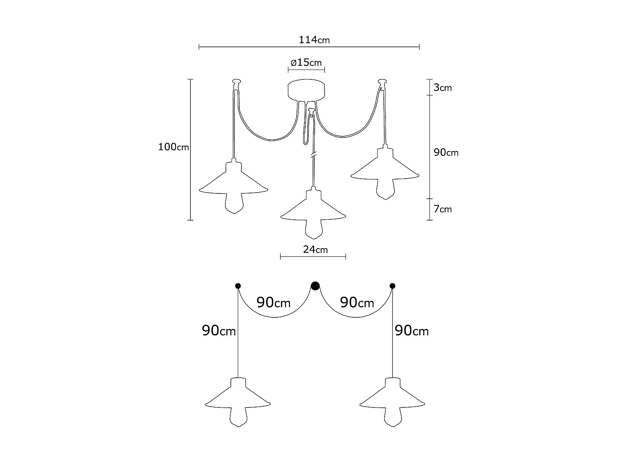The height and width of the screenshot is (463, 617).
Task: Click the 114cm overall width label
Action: coord(314,40)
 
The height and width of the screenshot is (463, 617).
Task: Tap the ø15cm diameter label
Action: coord(306,63)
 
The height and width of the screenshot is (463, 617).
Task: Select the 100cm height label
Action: coord(174,147)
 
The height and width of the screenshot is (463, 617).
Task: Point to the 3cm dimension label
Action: coord(443,88)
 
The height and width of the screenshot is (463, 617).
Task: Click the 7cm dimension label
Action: coord(443,209)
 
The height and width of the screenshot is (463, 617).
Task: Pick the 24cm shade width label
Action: coord(315,249)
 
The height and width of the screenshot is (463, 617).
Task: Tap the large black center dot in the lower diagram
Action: coord(315,285)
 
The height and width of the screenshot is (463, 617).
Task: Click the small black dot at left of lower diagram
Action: coord(238,286)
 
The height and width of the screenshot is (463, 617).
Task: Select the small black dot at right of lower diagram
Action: coord(392,286)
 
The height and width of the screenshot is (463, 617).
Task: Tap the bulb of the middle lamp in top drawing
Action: coord(313,229)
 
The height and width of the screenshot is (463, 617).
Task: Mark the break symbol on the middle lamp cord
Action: coord(313,155)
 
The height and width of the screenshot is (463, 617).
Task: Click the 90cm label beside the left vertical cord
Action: coord(218,330)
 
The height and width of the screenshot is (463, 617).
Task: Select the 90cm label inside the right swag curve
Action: coord(357,302)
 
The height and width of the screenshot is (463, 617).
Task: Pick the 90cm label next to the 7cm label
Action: coord(446,152)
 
